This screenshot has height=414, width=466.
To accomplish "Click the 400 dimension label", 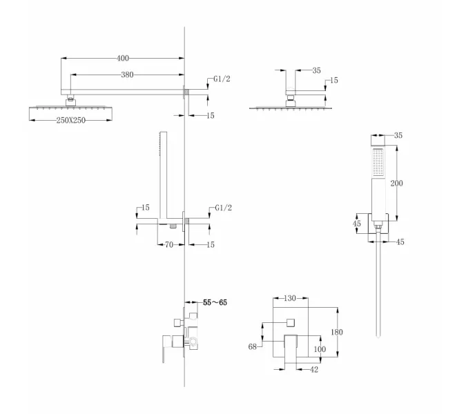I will point(123,59).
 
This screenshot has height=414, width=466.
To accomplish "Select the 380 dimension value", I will point(127,75).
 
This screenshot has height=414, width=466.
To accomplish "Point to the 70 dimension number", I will point(168,244).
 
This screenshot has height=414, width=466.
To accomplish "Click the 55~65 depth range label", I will point(215,302).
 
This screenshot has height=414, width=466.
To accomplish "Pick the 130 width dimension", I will point(290,299).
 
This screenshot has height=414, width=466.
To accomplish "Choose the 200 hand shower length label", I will point(396,183).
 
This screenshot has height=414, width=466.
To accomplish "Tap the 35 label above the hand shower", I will point(398,135).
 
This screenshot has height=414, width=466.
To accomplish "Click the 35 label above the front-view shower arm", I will point(316,70).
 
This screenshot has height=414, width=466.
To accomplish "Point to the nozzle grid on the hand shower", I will point(377,163).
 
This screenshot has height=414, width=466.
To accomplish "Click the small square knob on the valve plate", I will point(291,322).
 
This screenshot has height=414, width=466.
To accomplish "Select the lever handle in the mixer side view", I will point(164,350).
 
